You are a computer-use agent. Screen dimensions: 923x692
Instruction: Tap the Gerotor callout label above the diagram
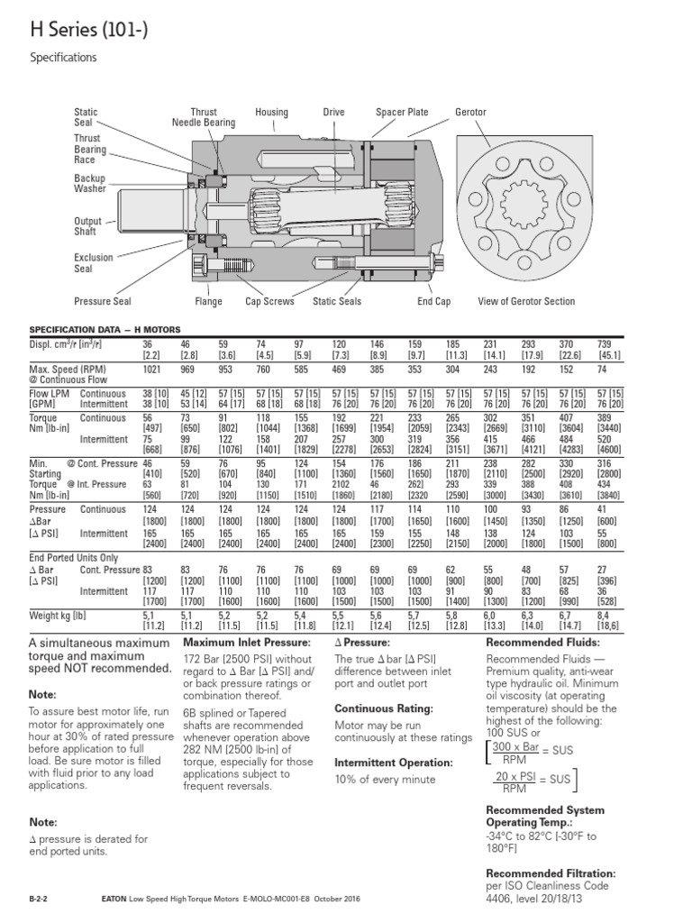click(470, 113)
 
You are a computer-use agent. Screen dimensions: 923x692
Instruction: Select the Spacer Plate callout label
click(402, 113)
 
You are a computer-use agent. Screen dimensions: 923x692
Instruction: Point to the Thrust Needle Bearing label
click(204, 118)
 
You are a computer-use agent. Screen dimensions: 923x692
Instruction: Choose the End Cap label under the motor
click(433, 301)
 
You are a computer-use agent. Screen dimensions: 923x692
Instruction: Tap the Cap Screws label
click(269, 301)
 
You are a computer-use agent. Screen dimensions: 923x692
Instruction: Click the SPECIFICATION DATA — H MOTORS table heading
click(106, 331)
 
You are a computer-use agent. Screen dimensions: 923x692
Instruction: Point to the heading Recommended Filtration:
click(551, 873)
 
